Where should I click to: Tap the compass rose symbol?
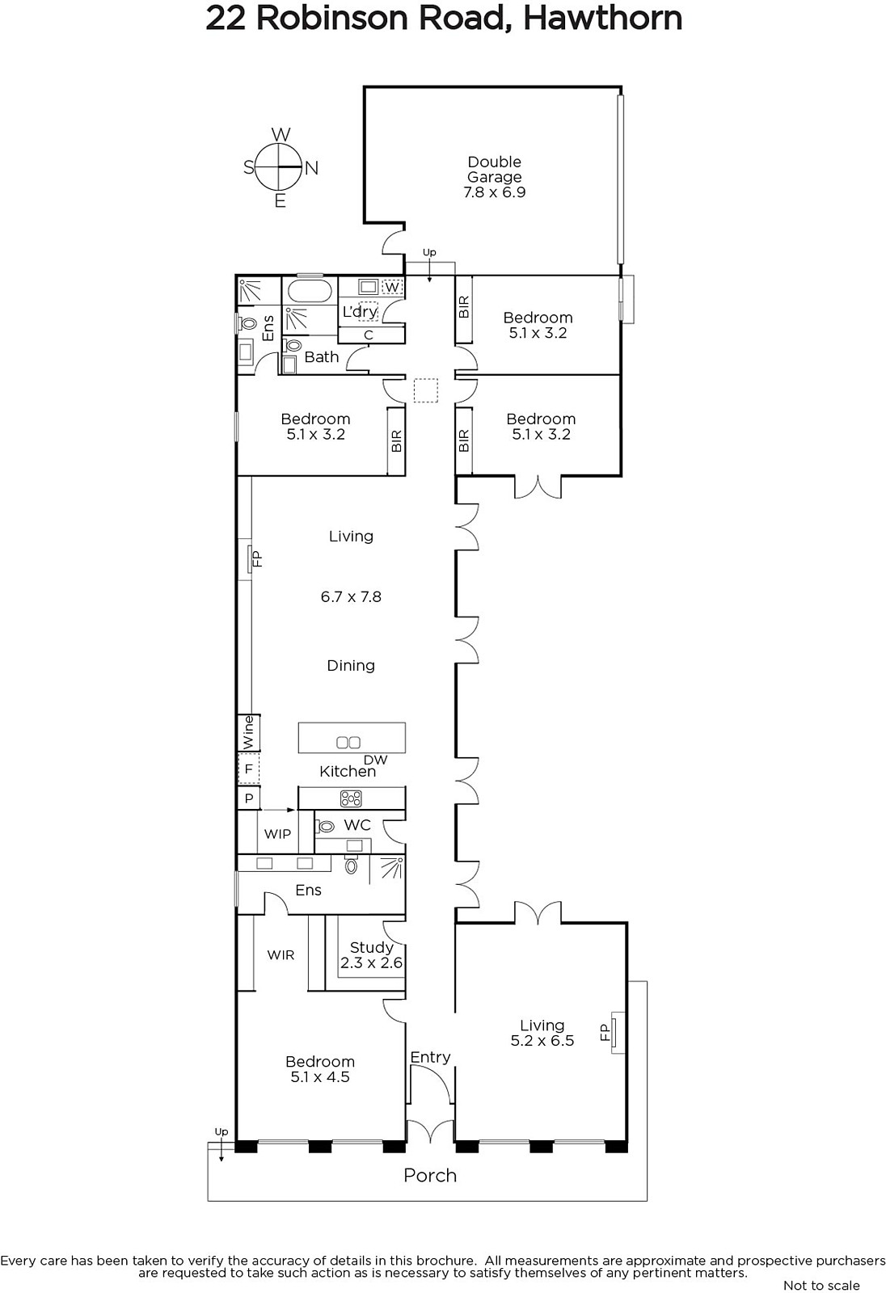(281, 167)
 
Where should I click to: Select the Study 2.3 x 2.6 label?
(371, 954)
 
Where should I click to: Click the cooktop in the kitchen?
(351, 798)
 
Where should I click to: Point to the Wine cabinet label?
(248, 732)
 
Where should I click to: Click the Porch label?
(430, 1176)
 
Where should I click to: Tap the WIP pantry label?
(277, 833)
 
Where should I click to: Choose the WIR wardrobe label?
(281, 955)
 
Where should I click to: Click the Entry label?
(430, 1058)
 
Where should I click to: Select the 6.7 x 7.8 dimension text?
(351, 597)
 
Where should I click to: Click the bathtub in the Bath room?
(309, 291)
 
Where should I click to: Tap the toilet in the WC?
(325, 828)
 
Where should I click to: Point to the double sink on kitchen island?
(348, 743)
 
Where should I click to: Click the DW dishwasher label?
(375, 760)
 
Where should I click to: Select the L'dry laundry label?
(360, 312)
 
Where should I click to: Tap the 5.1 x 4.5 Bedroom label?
(320, 1070)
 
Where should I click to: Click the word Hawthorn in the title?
(602, 19)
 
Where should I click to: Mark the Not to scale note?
(821, 1285)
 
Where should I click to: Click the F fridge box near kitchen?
(249, 769)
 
